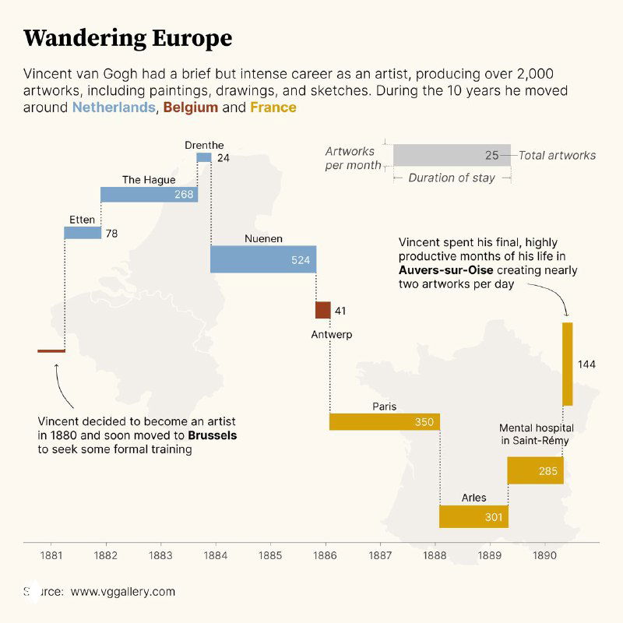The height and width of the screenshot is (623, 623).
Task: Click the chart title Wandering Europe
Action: pyautogui.click(x=128, y=38)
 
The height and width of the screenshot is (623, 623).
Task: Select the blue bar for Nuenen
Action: pyautogui.click(x=262, y=259)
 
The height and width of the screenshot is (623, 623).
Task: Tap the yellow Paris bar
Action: pyautogui.click(x=384, y=421)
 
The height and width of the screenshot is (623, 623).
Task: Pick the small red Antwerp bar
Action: pyautogui.click(x=322, y=310)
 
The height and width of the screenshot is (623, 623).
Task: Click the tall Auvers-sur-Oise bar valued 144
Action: pyautogui.click(x=567, y=364)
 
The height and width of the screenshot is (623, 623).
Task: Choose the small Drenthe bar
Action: pyautogui.click(x=203, y=157)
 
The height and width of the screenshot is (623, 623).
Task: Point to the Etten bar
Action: pyautogui.click(x=83, y=233)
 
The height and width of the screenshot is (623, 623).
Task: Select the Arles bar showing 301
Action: pyautogui.click(x=473, y=516)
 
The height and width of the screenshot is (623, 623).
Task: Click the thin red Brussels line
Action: pyautogui.click(x=51, y=351)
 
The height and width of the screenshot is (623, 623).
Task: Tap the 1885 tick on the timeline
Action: pyautogui.click(x=270, y=555)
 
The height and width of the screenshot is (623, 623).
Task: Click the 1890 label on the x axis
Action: pyautogui.click(x=544, y=555)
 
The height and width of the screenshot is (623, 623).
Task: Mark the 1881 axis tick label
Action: pyautogui.click(x=51, y=555)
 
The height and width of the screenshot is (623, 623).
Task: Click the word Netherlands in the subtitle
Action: pyautogui.click(x=114, y=107)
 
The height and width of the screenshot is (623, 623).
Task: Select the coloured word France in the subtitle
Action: pyautogui.click(x=273, y=107)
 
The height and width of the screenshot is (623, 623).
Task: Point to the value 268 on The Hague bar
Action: pyautogui.click(x=184, y=195)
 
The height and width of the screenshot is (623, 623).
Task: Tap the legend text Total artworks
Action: pyautogui.click(x=557, y=155)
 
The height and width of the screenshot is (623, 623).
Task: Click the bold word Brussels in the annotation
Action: pyautogui.click(x=213, y=435)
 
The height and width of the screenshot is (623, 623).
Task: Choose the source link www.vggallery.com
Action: pyautogui.click(x=123, y=592)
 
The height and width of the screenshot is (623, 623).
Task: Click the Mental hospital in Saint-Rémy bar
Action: pyautogui.click(x=535, y=470)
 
